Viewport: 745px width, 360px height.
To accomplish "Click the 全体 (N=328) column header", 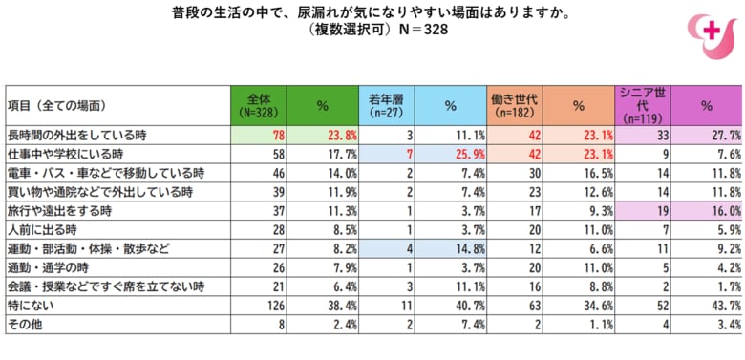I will point(259,105).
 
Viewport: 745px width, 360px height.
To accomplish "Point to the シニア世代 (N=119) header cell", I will point(643,105).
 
